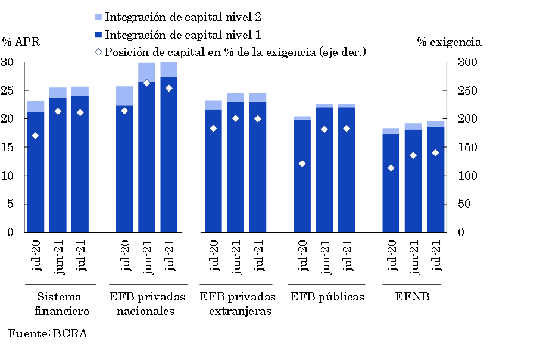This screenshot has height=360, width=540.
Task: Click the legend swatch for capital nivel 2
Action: (x=99, y=17)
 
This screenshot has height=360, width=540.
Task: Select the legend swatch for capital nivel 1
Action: (x=99, y=35)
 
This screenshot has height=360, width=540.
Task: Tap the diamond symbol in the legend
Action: (x=99, y=52)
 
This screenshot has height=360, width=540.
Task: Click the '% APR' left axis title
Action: (x=21, y=42)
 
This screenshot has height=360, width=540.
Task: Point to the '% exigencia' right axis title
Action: (x=449, y=42)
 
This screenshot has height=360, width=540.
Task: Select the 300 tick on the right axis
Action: (x=466, y=62)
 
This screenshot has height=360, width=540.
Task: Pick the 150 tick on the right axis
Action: (x=466, y=148)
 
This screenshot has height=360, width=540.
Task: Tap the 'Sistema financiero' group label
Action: (x=60, y=303)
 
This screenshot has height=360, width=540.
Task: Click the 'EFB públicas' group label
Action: (x=327, y=297)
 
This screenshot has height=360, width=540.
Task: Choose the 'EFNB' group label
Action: (x=412, y=297)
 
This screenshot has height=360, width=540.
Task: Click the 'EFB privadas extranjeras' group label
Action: (x=238, y=303)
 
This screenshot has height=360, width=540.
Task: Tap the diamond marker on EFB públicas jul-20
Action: (x=302, y=164)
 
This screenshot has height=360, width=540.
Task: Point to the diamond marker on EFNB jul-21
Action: (x=435, y=153)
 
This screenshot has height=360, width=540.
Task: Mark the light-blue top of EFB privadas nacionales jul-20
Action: (x=124, y=96)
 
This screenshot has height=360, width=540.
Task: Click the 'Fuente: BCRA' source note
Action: (x=48, y=334)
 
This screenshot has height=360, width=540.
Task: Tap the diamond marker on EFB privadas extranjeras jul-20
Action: (x=214, y=129)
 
